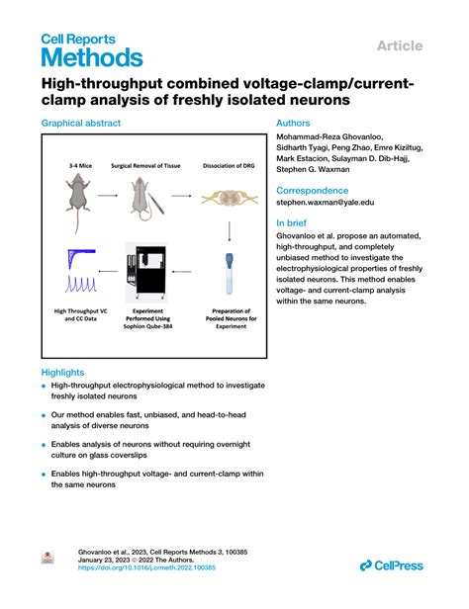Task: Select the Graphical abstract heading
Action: click(81, 124)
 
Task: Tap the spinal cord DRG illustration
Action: click(230, 198)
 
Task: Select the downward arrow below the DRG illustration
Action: click(230, 231)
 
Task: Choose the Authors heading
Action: click(295, 124)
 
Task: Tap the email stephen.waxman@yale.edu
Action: click(325, 202)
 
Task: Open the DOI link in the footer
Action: click(146, 568)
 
